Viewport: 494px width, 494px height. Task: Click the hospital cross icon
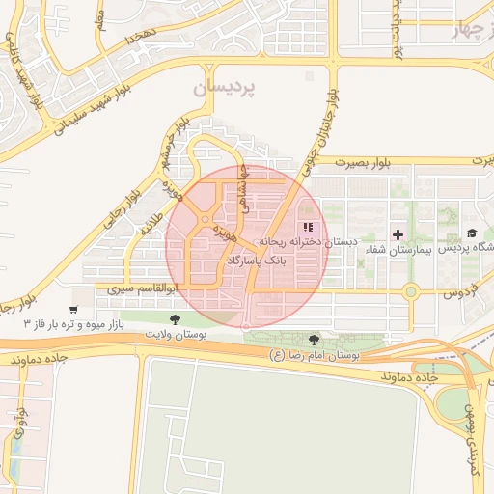click(398, 235)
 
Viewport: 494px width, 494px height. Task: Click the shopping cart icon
click(74, 310)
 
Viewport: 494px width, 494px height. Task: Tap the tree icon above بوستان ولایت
click(175, 319)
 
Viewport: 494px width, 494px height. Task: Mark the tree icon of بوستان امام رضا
click(314, 340)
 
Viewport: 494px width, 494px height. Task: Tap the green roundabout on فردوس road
click(411, 290)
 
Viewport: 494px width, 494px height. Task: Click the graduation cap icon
click(472, 233)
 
